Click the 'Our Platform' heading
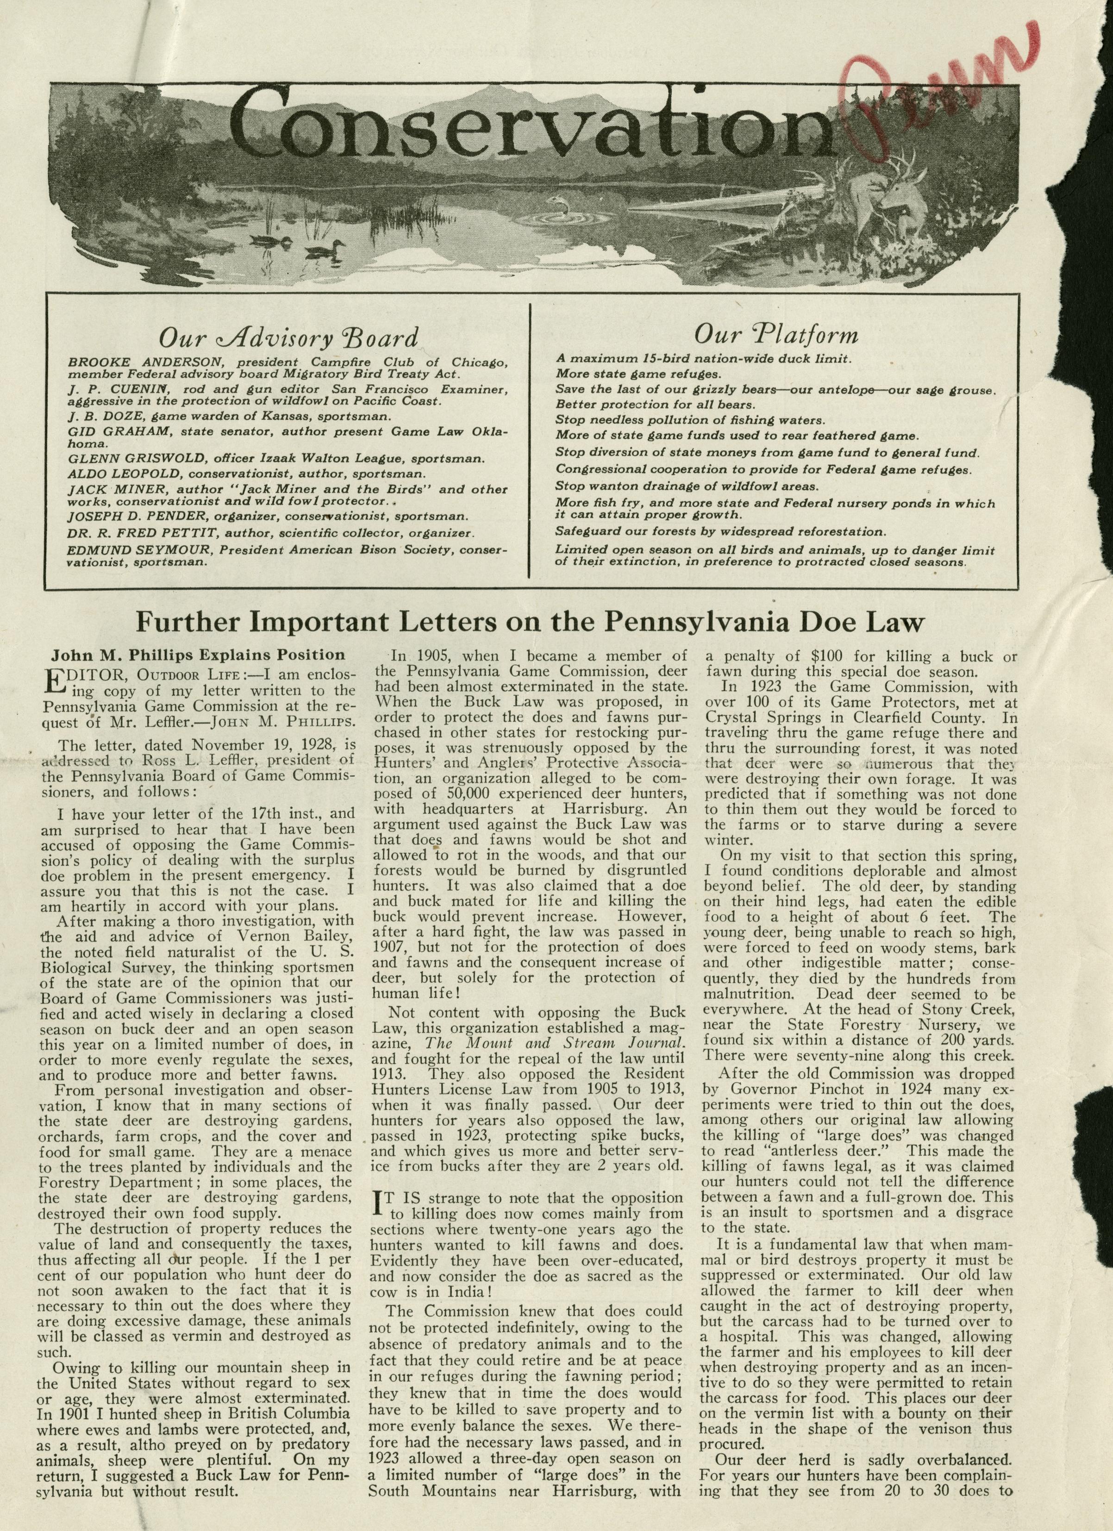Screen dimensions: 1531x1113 tap(776, 334)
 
